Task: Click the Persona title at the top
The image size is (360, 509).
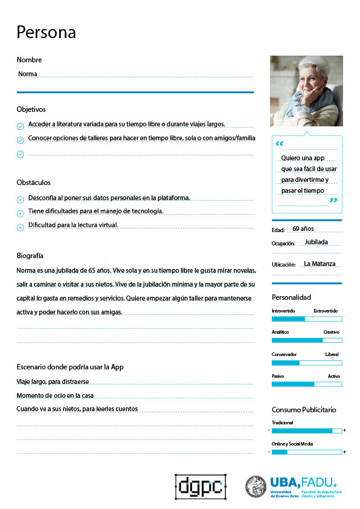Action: click(x=47, y=32)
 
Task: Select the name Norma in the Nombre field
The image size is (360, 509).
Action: click(x=28, y=74)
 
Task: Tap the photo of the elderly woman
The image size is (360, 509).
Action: click(x=306, y=91)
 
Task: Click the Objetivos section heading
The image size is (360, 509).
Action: click(x=31, y=109)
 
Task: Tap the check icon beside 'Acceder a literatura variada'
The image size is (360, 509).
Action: click(x=20, y=126)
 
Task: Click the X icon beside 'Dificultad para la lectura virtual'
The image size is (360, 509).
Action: click(x=20, y=227)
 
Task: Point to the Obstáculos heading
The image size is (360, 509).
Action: click(x=34, y=183)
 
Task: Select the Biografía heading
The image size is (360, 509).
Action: click(x=30, y=256)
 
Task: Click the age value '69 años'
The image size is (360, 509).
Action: click(x=303, y=229)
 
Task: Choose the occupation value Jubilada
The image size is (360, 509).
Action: click(x=316, y=242)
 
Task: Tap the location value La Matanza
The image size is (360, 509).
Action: click(x=319, y=264)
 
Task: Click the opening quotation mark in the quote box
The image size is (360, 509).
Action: click(x=279, y=144)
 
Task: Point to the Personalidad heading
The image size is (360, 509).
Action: click(x=291, y=297)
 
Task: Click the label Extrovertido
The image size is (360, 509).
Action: click(x=326, y=310)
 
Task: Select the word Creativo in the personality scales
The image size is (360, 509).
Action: click(x=331, y=332)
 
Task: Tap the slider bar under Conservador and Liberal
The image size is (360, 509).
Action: click(x=307, y=363)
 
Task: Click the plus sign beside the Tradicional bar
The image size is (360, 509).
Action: click(x=344, y=430)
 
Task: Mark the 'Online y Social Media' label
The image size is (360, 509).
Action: click(x=292, y=444)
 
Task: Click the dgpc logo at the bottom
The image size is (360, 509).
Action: click(x=200, y=486)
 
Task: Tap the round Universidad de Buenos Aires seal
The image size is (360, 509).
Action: click(x=256, y=486)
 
